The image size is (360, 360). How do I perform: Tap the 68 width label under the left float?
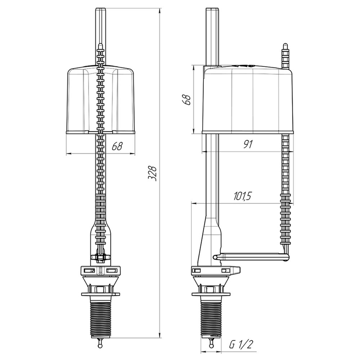coord(117,146)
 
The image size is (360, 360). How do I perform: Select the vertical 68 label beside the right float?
coord(188,99)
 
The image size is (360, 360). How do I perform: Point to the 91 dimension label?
coord(248,144)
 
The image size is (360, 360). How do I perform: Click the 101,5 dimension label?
coord(242,196)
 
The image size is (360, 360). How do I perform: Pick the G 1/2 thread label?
coord(241,345)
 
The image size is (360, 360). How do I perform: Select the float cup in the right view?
coord(248,99)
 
